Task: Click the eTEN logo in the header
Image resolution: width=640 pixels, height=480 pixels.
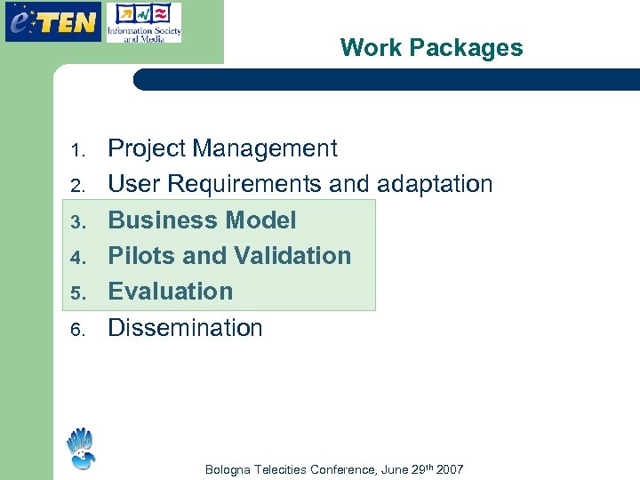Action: coord(52,22)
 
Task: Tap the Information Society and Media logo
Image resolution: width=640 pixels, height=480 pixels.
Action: coord(143,23)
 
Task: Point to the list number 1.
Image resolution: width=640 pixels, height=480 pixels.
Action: coord(77,149)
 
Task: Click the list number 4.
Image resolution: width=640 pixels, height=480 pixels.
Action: coord(77,258)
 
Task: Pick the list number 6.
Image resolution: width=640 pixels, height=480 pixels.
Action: coord(77,330)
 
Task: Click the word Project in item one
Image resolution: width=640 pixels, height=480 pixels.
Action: coord(146,148)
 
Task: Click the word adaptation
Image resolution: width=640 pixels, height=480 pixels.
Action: coord(435,184)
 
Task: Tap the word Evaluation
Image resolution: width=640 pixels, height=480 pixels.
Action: coord(170,292)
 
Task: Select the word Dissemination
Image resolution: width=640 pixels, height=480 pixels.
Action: coord(185,328)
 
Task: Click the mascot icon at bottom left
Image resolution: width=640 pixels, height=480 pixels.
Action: coord(80,449)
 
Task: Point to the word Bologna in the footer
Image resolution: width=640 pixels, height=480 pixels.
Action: coord(228,469)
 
